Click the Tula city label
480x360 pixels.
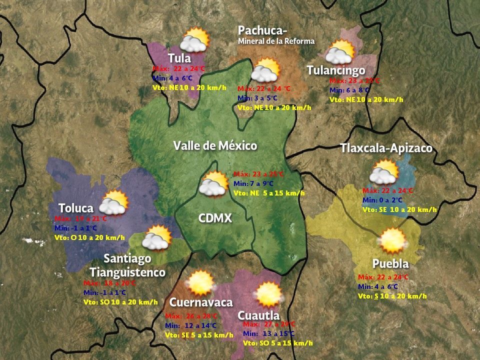tap(179, 58)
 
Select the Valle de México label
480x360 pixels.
tap(215, 146)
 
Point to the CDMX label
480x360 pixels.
tap(215, 218)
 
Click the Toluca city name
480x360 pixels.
tap(76, 208)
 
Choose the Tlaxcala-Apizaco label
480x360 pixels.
tap(386, 148)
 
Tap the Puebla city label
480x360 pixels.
tap(390, 263)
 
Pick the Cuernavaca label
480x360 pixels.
tap(201, 302)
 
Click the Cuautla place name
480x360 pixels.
tap(258, 315)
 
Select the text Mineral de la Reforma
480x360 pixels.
tap(276, 41)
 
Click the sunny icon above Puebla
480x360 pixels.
tap(392, 240)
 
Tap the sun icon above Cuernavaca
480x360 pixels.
tap(201, 283)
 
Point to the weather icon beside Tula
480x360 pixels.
tap(194, 40)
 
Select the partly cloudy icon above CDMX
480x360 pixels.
tap(214, 183)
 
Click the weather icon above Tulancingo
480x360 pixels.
tap(340, 52)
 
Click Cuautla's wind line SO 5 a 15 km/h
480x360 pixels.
tap(278, 343)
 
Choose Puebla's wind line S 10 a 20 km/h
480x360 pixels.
tap(392, 296)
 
